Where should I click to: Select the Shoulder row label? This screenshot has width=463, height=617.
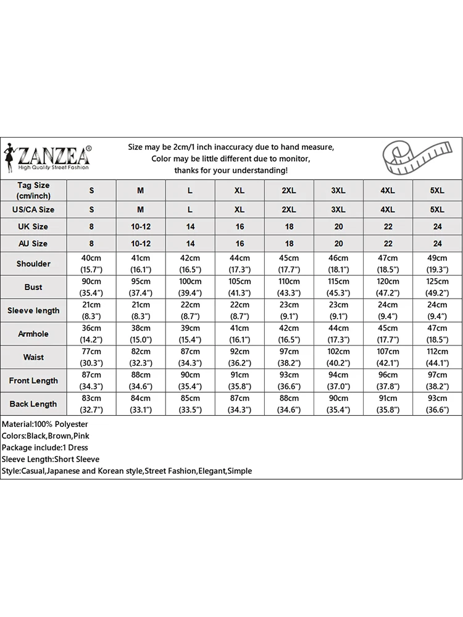pos(33,263)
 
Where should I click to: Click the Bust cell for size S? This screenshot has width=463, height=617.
pos(91,287)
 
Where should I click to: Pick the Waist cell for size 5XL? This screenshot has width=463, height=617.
pos(437,357)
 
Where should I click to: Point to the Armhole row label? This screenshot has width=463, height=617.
pos(33,334)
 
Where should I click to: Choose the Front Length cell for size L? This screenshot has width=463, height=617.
pos(190,381)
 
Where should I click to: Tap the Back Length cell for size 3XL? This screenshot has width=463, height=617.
pos(338,404)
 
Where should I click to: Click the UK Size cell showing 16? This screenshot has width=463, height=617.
pos(240,226)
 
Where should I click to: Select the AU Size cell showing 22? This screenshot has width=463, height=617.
pos(388,244)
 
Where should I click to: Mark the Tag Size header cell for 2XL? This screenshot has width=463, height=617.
pos(289,191)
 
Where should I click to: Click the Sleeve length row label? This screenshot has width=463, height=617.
pos(33,310)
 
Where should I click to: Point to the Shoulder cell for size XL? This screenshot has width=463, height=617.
pos(240,263)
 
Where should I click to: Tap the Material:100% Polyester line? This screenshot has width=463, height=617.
pos(45,424)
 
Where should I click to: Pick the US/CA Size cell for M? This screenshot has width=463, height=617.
pos(141,209)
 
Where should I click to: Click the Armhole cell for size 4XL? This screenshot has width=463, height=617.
pos(388,334)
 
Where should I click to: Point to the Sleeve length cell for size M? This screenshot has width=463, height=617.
pos(141,310)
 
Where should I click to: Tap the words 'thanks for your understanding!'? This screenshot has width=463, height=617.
pos(231,170)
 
